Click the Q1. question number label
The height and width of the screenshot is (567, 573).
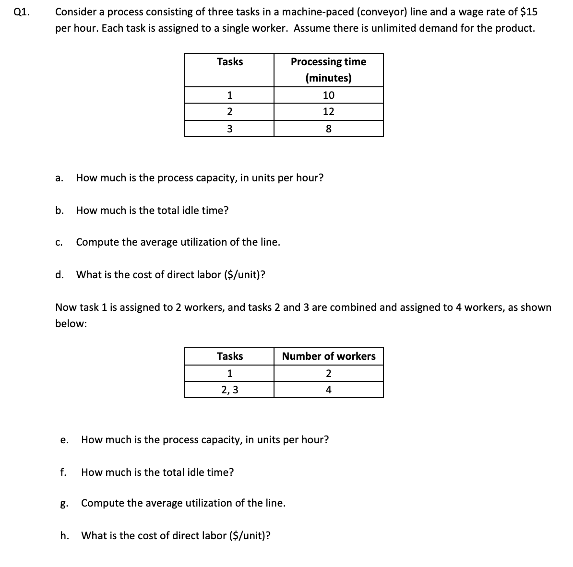click(x=22, y=12)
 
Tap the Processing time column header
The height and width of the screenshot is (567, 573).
click(x=328, y=62)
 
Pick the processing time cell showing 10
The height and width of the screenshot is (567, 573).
click(x=328, y=95)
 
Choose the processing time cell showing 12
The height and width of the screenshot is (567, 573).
click(x=328, y=112)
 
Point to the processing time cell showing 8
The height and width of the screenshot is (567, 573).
click(x=328, y=129)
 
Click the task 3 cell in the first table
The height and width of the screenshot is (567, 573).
click(x=229, y=129)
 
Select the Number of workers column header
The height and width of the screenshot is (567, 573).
click(x=329, y=356)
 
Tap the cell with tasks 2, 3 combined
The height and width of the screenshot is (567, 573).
click(x=229, y=390)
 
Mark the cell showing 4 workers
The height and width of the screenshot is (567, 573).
click(x=328, y=390)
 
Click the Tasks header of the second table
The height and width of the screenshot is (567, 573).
click(x=229, y=356)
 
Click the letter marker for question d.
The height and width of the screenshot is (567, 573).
click(x=59, y=274)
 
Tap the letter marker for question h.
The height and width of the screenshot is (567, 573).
click(x=64, y=535)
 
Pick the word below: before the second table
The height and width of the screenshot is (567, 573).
click(x=71, y=324)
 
